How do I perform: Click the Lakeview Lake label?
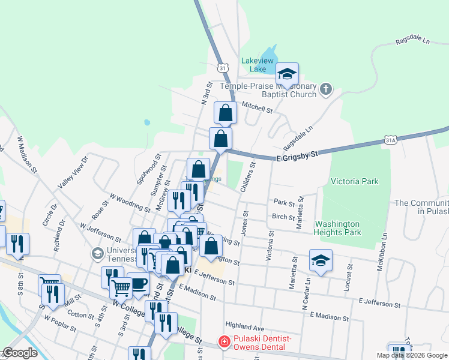pyautogui.click(x=258, y=64)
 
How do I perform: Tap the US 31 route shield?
pyautogui.click(x=223, y=68)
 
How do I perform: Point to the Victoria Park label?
pyautogui.click(x=355, y=181)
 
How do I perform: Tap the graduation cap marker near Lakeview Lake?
pyautogui.click(x=287, y=74)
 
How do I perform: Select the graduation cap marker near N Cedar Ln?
pyautogui.click(x=321, y=260)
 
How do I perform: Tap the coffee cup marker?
pyautogui.click(x=139, y=283)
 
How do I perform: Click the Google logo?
pyautogui.click(x=20, y=353)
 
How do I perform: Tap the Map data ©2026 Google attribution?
pyautogui.click(x=412, y=355)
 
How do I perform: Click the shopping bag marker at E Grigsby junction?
pyautogui.click(x=221, y=138)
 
